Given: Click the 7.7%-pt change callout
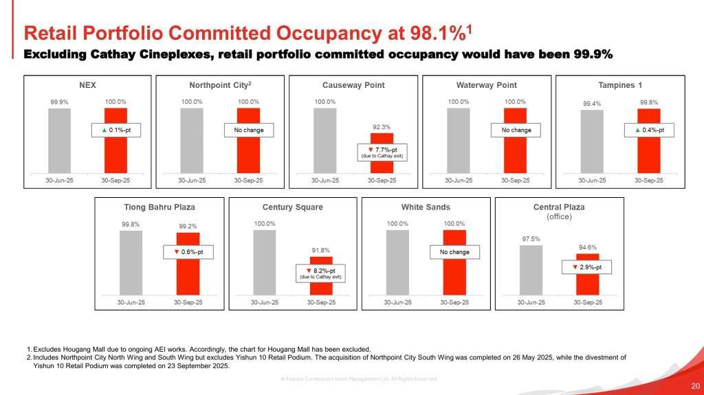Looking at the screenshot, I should (x=382, y=152).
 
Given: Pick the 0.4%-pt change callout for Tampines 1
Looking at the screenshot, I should (x=649, y=130).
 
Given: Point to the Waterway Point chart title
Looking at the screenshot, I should (x=486, y=85).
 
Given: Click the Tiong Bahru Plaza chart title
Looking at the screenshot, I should (x=159, y=207).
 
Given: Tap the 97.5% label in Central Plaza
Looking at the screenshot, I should (x=531, y=238).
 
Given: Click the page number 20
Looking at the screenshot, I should (x=694, y=385).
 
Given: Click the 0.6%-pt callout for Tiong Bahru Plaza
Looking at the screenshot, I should (x=188, y=253).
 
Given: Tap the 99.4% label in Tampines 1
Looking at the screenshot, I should (x=591, y=104).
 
